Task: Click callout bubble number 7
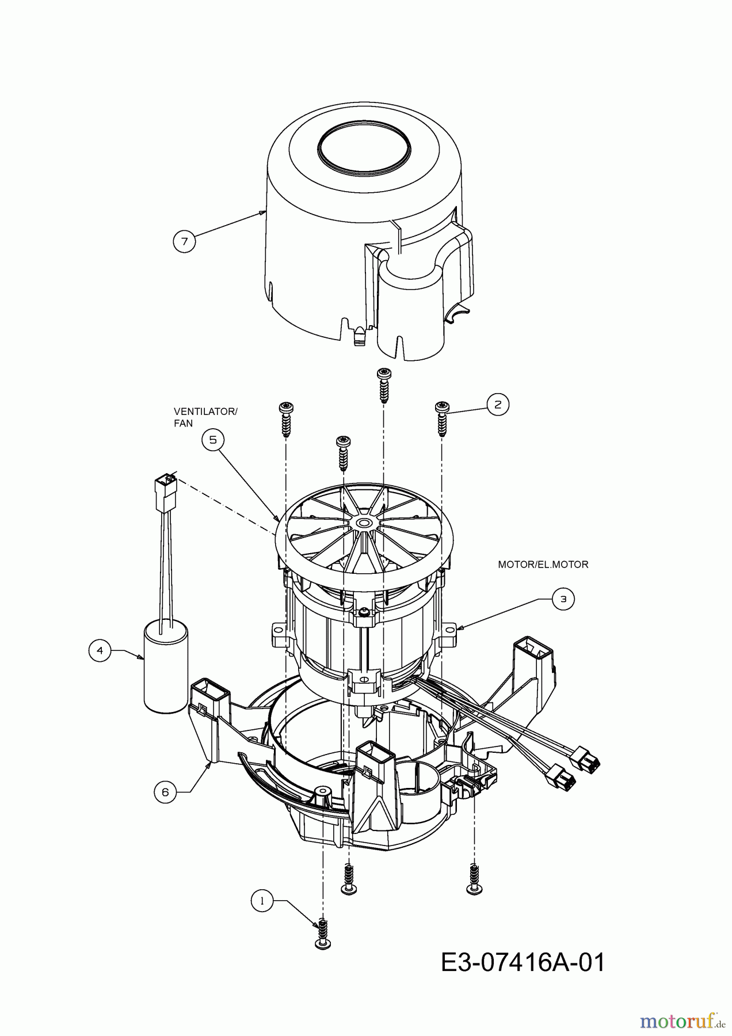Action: click(x=184, y=241)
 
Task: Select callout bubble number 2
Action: click(x=498, y=404)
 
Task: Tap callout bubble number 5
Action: click(x=213, y=440)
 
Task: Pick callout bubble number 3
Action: click(x=563, y=599)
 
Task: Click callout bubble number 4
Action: click(x=100, y=650)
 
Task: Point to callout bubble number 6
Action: click(x=166, y=792)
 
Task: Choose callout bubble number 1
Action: click(x=262, y=901)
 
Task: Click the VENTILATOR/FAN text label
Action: click(x=205, y=417)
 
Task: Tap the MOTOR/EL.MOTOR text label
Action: click(x=543, y=565)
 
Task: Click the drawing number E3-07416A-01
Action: click(x=523, y=963)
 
